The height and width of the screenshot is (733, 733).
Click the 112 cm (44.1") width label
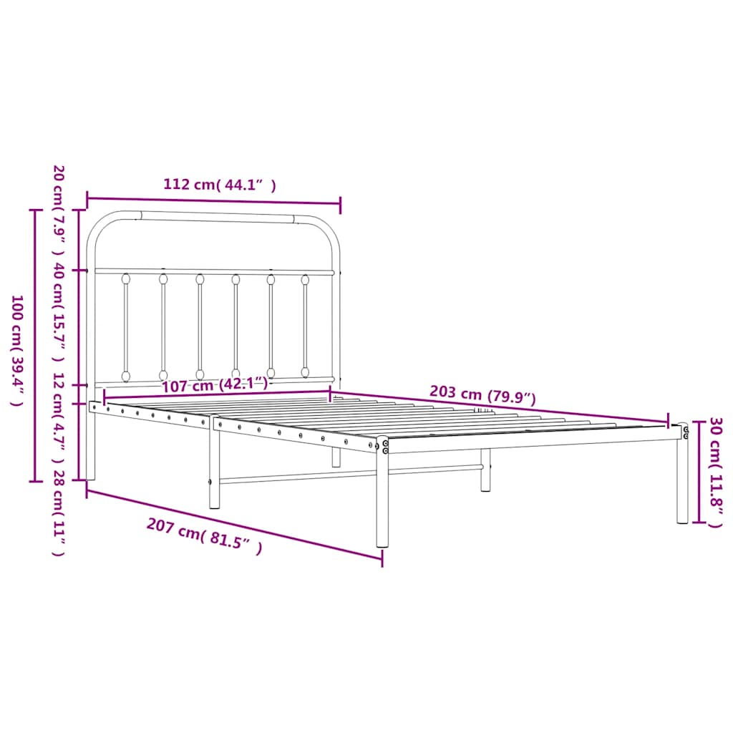[x=219, y=184]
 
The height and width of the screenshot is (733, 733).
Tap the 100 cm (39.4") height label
[x=16, y=351]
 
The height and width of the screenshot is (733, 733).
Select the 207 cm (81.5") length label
[x=204, y=537]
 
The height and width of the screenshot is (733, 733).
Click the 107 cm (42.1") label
[x=215, y=385]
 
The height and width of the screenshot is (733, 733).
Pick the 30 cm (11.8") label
[x=714, y=472]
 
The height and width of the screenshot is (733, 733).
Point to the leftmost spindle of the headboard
[x=126, y=326]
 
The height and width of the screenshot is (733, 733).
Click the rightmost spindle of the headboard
[x=305, y=326]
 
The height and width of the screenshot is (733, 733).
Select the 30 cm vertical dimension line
[x=696, y=472]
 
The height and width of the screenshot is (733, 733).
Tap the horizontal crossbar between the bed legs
[x=351, y=474]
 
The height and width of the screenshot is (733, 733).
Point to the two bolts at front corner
[x=385, y=447]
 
